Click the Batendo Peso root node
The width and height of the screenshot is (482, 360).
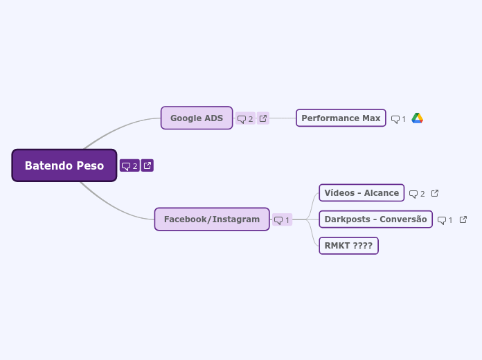pyautogui.click(x=64, y=165)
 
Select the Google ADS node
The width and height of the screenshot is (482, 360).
pyautogui.click(x=197, y=118)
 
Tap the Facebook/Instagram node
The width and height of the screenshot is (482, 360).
pyautogui.click(x=211, y=219)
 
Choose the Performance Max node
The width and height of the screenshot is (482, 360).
pyautogui.click(x=340, y=118)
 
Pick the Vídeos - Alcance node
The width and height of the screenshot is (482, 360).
pyautogui.click(x=361, y=192)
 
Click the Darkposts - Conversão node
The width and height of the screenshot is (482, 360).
pyautogui.click(x=375, y=219)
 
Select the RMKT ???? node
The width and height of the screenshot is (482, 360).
pyautogui.click(x=348, y=245)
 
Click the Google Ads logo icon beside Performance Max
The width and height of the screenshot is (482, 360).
pyautogui.click(x=417, y=118)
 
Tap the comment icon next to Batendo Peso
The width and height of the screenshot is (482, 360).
pyautogui.click(x=126, y=165)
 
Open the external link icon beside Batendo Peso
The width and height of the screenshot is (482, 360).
pyautogui.click(x=148, y=165)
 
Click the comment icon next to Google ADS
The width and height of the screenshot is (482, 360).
pyautogui.click(x=242, y=119)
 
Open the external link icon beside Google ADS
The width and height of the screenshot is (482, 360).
pyautogui.click(x=263, y=118)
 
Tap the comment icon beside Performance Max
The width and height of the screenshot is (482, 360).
pyautogui.click(x=395, y=119)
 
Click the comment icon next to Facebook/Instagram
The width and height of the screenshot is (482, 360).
pyautogui.click(x=278, y=220)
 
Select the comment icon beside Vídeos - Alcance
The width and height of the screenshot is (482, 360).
pyautogui.click(x=413, y=194)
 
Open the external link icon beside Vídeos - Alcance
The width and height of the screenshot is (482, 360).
pyautogui.click(x=435, y=193)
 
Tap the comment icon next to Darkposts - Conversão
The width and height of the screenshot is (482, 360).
pyautogui.click(x=442, y=220)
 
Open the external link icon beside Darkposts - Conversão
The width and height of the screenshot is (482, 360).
pyautogui.click(x=463, y=219)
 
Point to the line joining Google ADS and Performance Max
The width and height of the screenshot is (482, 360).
pyautogui.click(x=283, y=118)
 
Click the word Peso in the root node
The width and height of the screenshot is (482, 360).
pyautogui.click(x=91, y=165)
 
